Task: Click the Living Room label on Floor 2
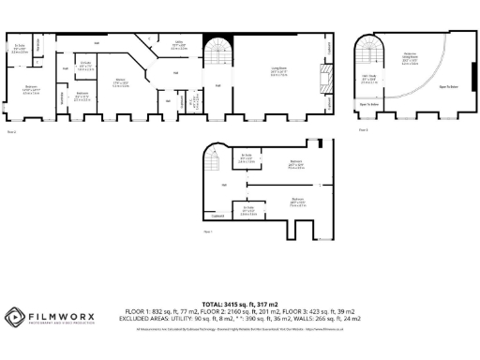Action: click(x=278, y=71)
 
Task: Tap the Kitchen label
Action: click(x=121, y=82)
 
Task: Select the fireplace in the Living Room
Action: click(x=325, y=76)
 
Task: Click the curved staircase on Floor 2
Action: click(x=217, y=55)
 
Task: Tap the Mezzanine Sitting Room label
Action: click(x=409, y=55)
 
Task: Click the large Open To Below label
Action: click(x=447, y=87)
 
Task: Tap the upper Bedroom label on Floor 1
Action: click(x=295, y=164)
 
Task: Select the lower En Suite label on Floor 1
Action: click(x=249, y=209)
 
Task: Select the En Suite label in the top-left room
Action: click(x=20, y=48)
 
